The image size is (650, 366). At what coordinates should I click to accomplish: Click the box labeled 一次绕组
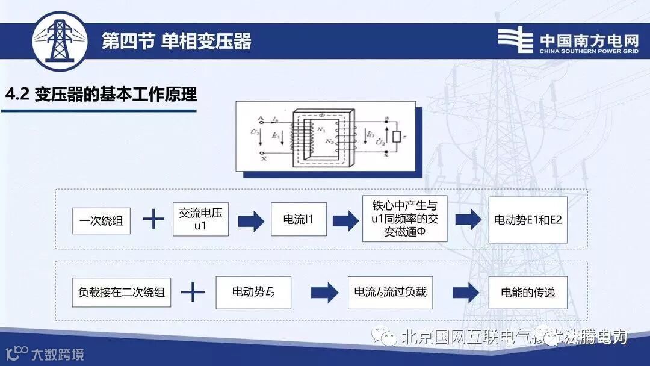click(x=101, y=221)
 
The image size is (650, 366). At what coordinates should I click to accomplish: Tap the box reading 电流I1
click(x=300, y=220)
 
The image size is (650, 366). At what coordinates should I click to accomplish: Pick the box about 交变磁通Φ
click(x=404, y=219)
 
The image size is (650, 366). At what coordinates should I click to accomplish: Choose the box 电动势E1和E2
click(x=527, y=220)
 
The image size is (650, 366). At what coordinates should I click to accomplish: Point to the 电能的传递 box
click(x=528, y=293)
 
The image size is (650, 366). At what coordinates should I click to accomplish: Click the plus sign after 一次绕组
click(x=153, y=220)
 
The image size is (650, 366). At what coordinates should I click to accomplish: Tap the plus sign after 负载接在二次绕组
click(x=193, y=293)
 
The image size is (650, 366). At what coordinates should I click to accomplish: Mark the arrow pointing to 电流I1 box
click(x=250, y=220)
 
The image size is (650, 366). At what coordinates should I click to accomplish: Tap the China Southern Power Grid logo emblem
click(x=515, y=40)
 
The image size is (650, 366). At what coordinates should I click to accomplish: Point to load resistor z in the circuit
click(x=395, y=137)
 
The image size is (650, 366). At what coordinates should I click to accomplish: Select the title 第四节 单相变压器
click(x=176, y=42)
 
